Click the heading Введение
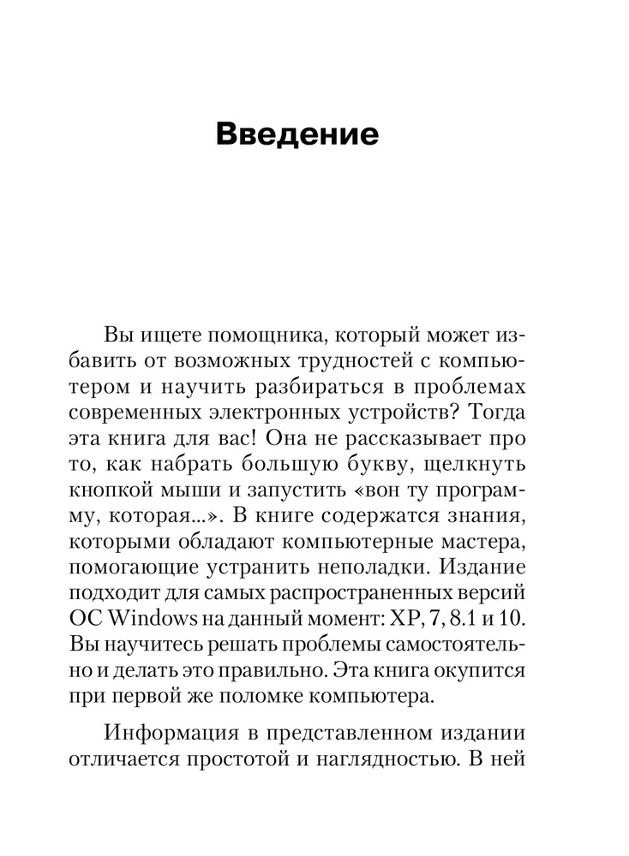pos(296,134)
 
